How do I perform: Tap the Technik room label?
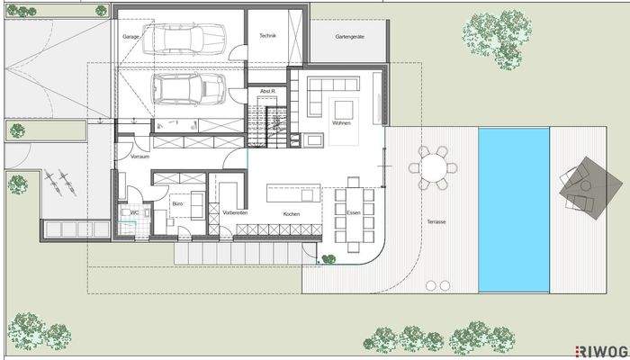[267, 36]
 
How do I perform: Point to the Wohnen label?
[340, 122]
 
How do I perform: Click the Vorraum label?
[139, 157]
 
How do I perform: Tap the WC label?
[134, 212]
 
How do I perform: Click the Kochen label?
[290, 214]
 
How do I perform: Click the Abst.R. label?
[267, 92]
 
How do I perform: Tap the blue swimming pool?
[513, 209]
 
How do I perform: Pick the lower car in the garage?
[188, 88]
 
